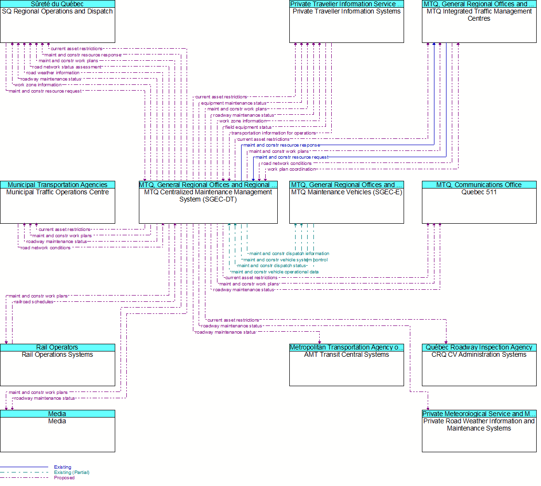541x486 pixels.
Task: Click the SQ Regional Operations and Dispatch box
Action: (x=57, y=21)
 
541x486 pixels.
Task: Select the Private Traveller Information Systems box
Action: (x=346, y=21)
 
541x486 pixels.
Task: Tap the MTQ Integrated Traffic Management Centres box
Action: (x=479, y=21)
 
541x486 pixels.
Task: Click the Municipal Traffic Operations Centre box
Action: (x=57, y=202)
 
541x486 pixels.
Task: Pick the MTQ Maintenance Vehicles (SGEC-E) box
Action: (x=346, y=202)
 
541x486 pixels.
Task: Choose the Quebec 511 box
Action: (x=479, y=202)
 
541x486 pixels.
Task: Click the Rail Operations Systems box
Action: (x=57, y=365)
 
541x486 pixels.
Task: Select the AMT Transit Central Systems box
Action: (x=346, y=365)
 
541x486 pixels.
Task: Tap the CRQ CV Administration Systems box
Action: (x=479, y=365)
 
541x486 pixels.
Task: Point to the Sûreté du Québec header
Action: (x=57, y=4)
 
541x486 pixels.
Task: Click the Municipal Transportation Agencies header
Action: (x=57, y=185)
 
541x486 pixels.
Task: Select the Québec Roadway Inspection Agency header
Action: (x=479, y=347)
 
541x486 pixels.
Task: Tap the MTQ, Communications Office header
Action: (x=479, y=185)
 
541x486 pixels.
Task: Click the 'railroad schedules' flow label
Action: (x=33, y=302)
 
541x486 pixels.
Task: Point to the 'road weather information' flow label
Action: (x=53, y=73)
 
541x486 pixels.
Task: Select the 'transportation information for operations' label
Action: (x=273, y=133)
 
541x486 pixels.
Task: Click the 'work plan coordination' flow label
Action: (x=292, y=169)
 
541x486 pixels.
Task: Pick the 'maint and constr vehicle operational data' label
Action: (x=275, y=272)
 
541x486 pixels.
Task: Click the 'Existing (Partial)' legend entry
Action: (x=72, y=472)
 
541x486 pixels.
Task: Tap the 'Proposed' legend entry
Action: (x=64, y=478)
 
